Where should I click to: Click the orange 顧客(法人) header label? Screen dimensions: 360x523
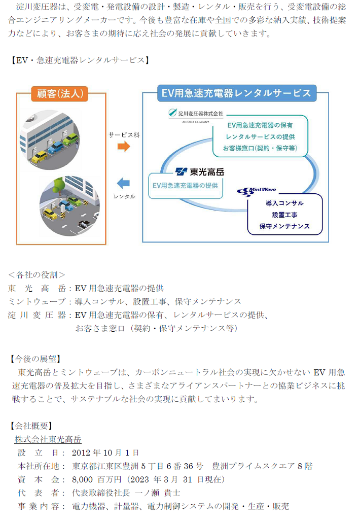tap(60, 94)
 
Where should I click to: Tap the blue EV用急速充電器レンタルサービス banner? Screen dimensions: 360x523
tap(237, 93)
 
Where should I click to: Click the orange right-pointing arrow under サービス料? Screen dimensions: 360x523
tap(124, 146)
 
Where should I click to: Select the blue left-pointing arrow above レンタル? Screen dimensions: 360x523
tap(123, 183)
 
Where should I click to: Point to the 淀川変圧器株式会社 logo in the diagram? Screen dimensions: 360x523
tap(196, 115)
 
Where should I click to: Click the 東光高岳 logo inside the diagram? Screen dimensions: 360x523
tap(200, 172)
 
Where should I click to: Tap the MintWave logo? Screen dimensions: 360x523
tap(257, 191)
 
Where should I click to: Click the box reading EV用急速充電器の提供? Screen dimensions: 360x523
tap(186, 186)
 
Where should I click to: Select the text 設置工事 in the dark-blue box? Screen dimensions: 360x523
tap(284, 215)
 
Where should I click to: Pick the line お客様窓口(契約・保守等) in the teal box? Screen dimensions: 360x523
tap(260, 148)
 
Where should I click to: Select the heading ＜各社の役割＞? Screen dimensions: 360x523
tap(37, 275)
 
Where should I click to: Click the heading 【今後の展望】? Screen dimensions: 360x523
tap(35, 359)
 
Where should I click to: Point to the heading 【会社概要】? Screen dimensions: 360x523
tap(31, 426)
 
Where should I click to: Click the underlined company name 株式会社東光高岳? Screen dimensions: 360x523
tap(48, 439)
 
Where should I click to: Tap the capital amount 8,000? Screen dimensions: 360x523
tap(82, 480)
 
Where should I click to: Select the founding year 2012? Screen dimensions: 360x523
tap(81, 453)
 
